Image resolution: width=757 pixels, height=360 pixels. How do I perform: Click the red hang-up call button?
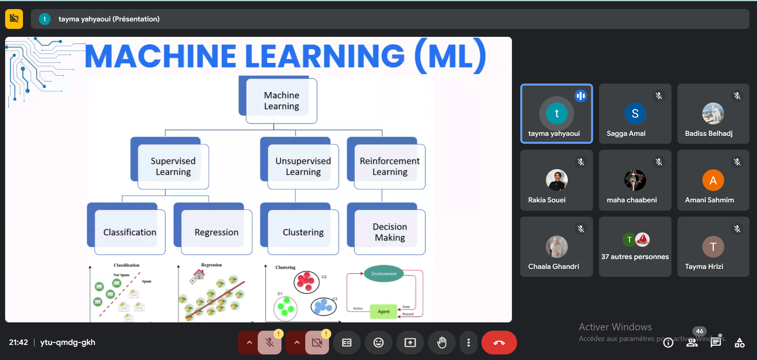(499, 343)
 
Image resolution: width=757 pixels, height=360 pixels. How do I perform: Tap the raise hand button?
(442, 343)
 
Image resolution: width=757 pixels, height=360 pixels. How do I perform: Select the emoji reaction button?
(378, 343)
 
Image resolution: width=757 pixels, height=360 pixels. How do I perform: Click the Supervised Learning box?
(173, 166)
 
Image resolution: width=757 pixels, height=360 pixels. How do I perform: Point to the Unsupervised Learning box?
(303, 166)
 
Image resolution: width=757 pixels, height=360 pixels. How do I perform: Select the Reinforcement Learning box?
(390, 166)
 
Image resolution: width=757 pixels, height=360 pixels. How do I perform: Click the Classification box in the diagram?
(129, 232)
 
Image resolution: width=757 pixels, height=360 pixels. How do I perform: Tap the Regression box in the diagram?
(216, 232)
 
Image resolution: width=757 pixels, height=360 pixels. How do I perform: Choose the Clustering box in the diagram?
(303, 232)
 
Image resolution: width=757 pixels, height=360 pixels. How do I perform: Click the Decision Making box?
(390, 232)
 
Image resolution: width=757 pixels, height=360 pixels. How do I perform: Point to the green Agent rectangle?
(383, 311)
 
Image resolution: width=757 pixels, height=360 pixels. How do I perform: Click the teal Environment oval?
(384, 274)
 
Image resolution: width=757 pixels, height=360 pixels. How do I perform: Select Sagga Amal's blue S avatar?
(635, 114)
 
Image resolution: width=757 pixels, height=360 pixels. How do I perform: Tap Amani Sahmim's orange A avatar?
(713, 180)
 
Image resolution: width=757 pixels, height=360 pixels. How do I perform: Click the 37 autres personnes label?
(635, 257)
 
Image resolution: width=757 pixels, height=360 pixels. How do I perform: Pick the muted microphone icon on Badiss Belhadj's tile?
(737, 96)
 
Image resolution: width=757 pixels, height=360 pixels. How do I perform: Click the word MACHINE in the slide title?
(161, 56)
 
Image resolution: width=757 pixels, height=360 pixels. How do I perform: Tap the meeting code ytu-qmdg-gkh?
(68, 342)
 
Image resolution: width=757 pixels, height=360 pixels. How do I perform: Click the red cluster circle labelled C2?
(306, 282)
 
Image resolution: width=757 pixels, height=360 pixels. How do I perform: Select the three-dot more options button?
(468, 343)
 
